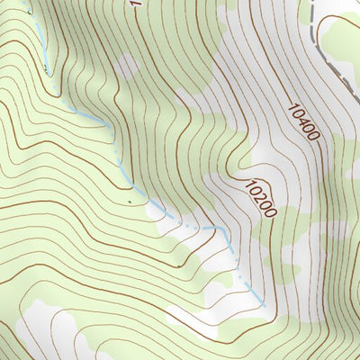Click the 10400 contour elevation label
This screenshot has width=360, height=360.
304,122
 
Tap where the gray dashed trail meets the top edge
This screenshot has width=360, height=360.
306,2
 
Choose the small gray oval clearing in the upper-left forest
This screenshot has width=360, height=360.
127,65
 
